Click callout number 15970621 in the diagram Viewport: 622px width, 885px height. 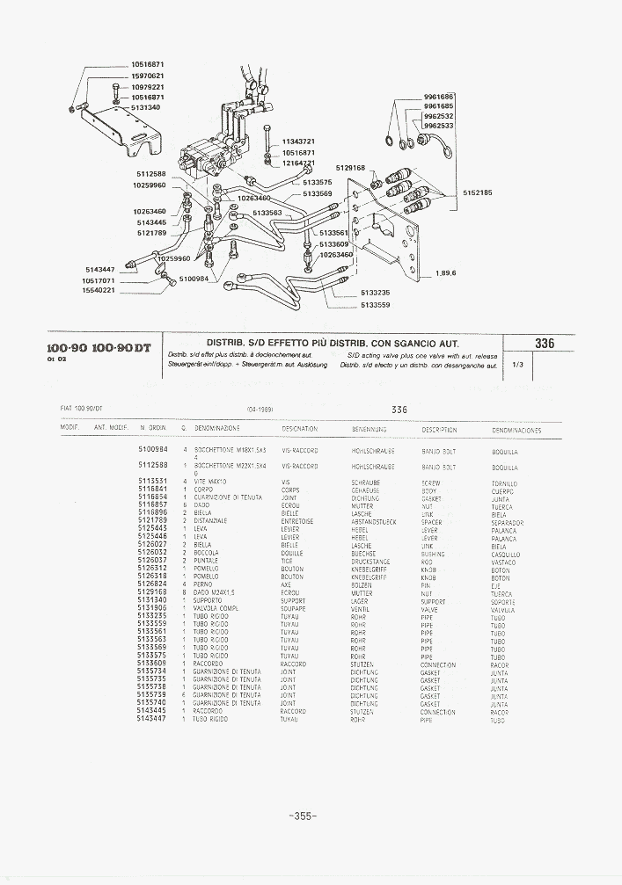pos(147,76)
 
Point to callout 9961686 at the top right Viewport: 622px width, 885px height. pos(438,96)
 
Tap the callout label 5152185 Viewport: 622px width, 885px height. pos(475,192)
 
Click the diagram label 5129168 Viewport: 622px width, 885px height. pos(350,167)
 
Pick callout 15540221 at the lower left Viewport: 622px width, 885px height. pos(98,290)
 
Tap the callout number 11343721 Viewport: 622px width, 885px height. pos(298,141)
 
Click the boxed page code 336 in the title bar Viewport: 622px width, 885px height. pos(545,345)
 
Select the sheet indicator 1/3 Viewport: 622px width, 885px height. pos(516,365)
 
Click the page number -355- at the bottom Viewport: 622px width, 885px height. pos(302,816)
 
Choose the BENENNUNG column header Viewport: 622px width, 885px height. pos(369,430)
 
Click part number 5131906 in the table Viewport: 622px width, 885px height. pos(152,607)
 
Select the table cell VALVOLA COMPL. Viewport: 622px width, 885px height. pos(216,607)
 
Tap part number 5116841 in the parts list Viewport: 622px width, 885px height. pos(152,490)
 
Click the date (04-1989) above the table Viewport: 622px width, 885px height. pos(263,410)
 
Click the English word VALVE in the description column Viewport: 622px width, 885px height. pos(429,608)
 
